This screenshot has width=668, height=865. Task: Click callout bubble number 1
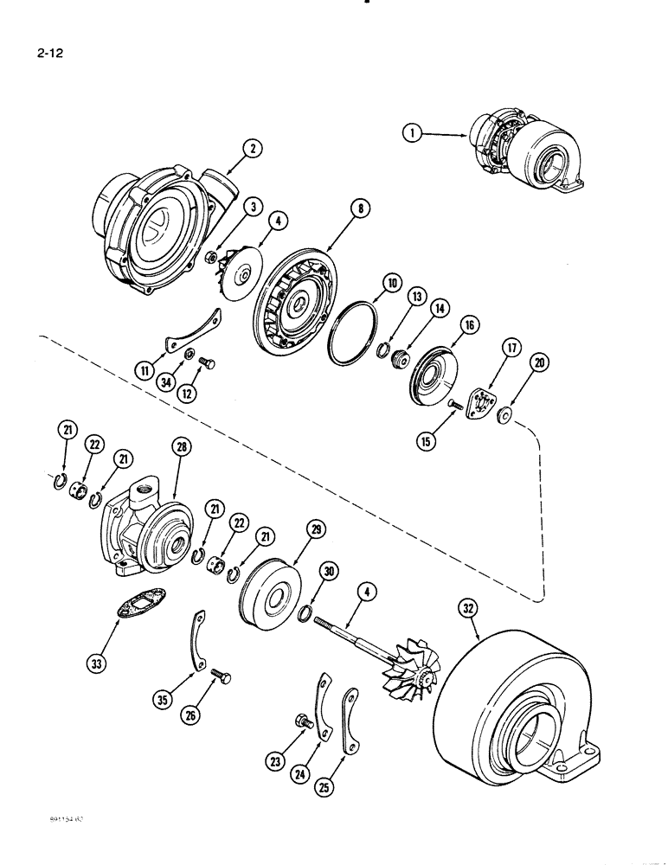pyautogui.click(x=412, y=132)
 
